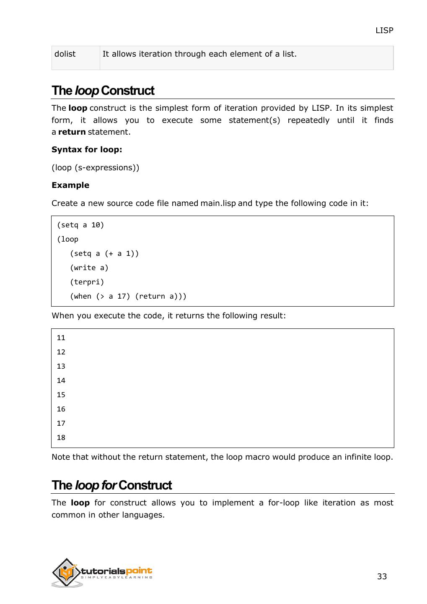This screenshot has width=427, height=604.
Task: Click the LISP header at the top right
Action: pyautogui.click(x=384, y=31)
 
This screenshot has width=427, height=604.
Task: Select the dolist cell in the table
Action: pyautogui.click(x=65, y=54)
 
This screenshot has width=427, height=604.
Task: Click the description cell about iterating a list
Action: pyautogui.click(x=199, y=54)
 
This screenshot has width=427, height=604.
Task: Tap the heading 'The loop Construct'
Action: pyautogui.click(x=103, y=91)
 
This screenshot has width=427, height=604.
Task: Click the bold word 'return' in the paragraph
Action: pyautogui.click(x=72, y=132)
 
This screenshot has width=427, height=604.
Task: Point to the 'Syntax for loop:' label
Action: pyautogui.click(x=87, y=150)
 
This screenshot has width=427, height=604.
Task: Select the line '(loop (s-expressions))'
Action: pyautogui.click(x=95, y=168)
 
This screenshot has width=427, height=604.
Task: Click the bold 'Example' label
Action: pyautogui.click(x=70, y=185)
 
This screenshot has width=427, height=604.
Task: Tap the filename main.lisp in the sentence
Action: pyautogui.click(x=218, y=203)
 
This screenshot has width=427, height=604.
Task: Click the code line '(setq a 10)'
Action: pyautogui.click(x=80, y=225)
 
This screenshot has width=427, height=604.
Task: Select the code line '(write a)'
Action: pyautogui.click(x=89, y=268)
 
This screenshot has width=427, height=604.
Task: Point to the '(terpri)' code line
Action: pyautogui.click(x=87, y=282)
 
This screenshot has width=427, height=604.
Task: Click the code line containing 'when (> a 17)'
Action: pyautogui.click(x=128, y=297)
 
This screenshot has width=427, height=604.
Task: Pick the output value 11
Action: pyautogui.click(x=61, y=338)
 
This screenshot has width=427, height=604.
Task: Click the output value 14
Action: pyautogui.click(x=61, y=381)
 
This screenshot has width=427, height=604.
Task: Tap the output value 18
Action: pyautogui.click(x=61, y=438)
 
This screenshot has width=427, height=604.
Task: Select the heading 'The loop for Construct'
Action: pyautogui.click(x=111, y=485)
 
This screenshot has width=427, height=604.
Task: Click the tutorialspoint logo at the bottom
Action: pyautogui.click(x=102, y=573)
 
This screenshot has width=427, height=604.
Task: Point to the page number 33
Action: pyautogui.click(x=382, y=577)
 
